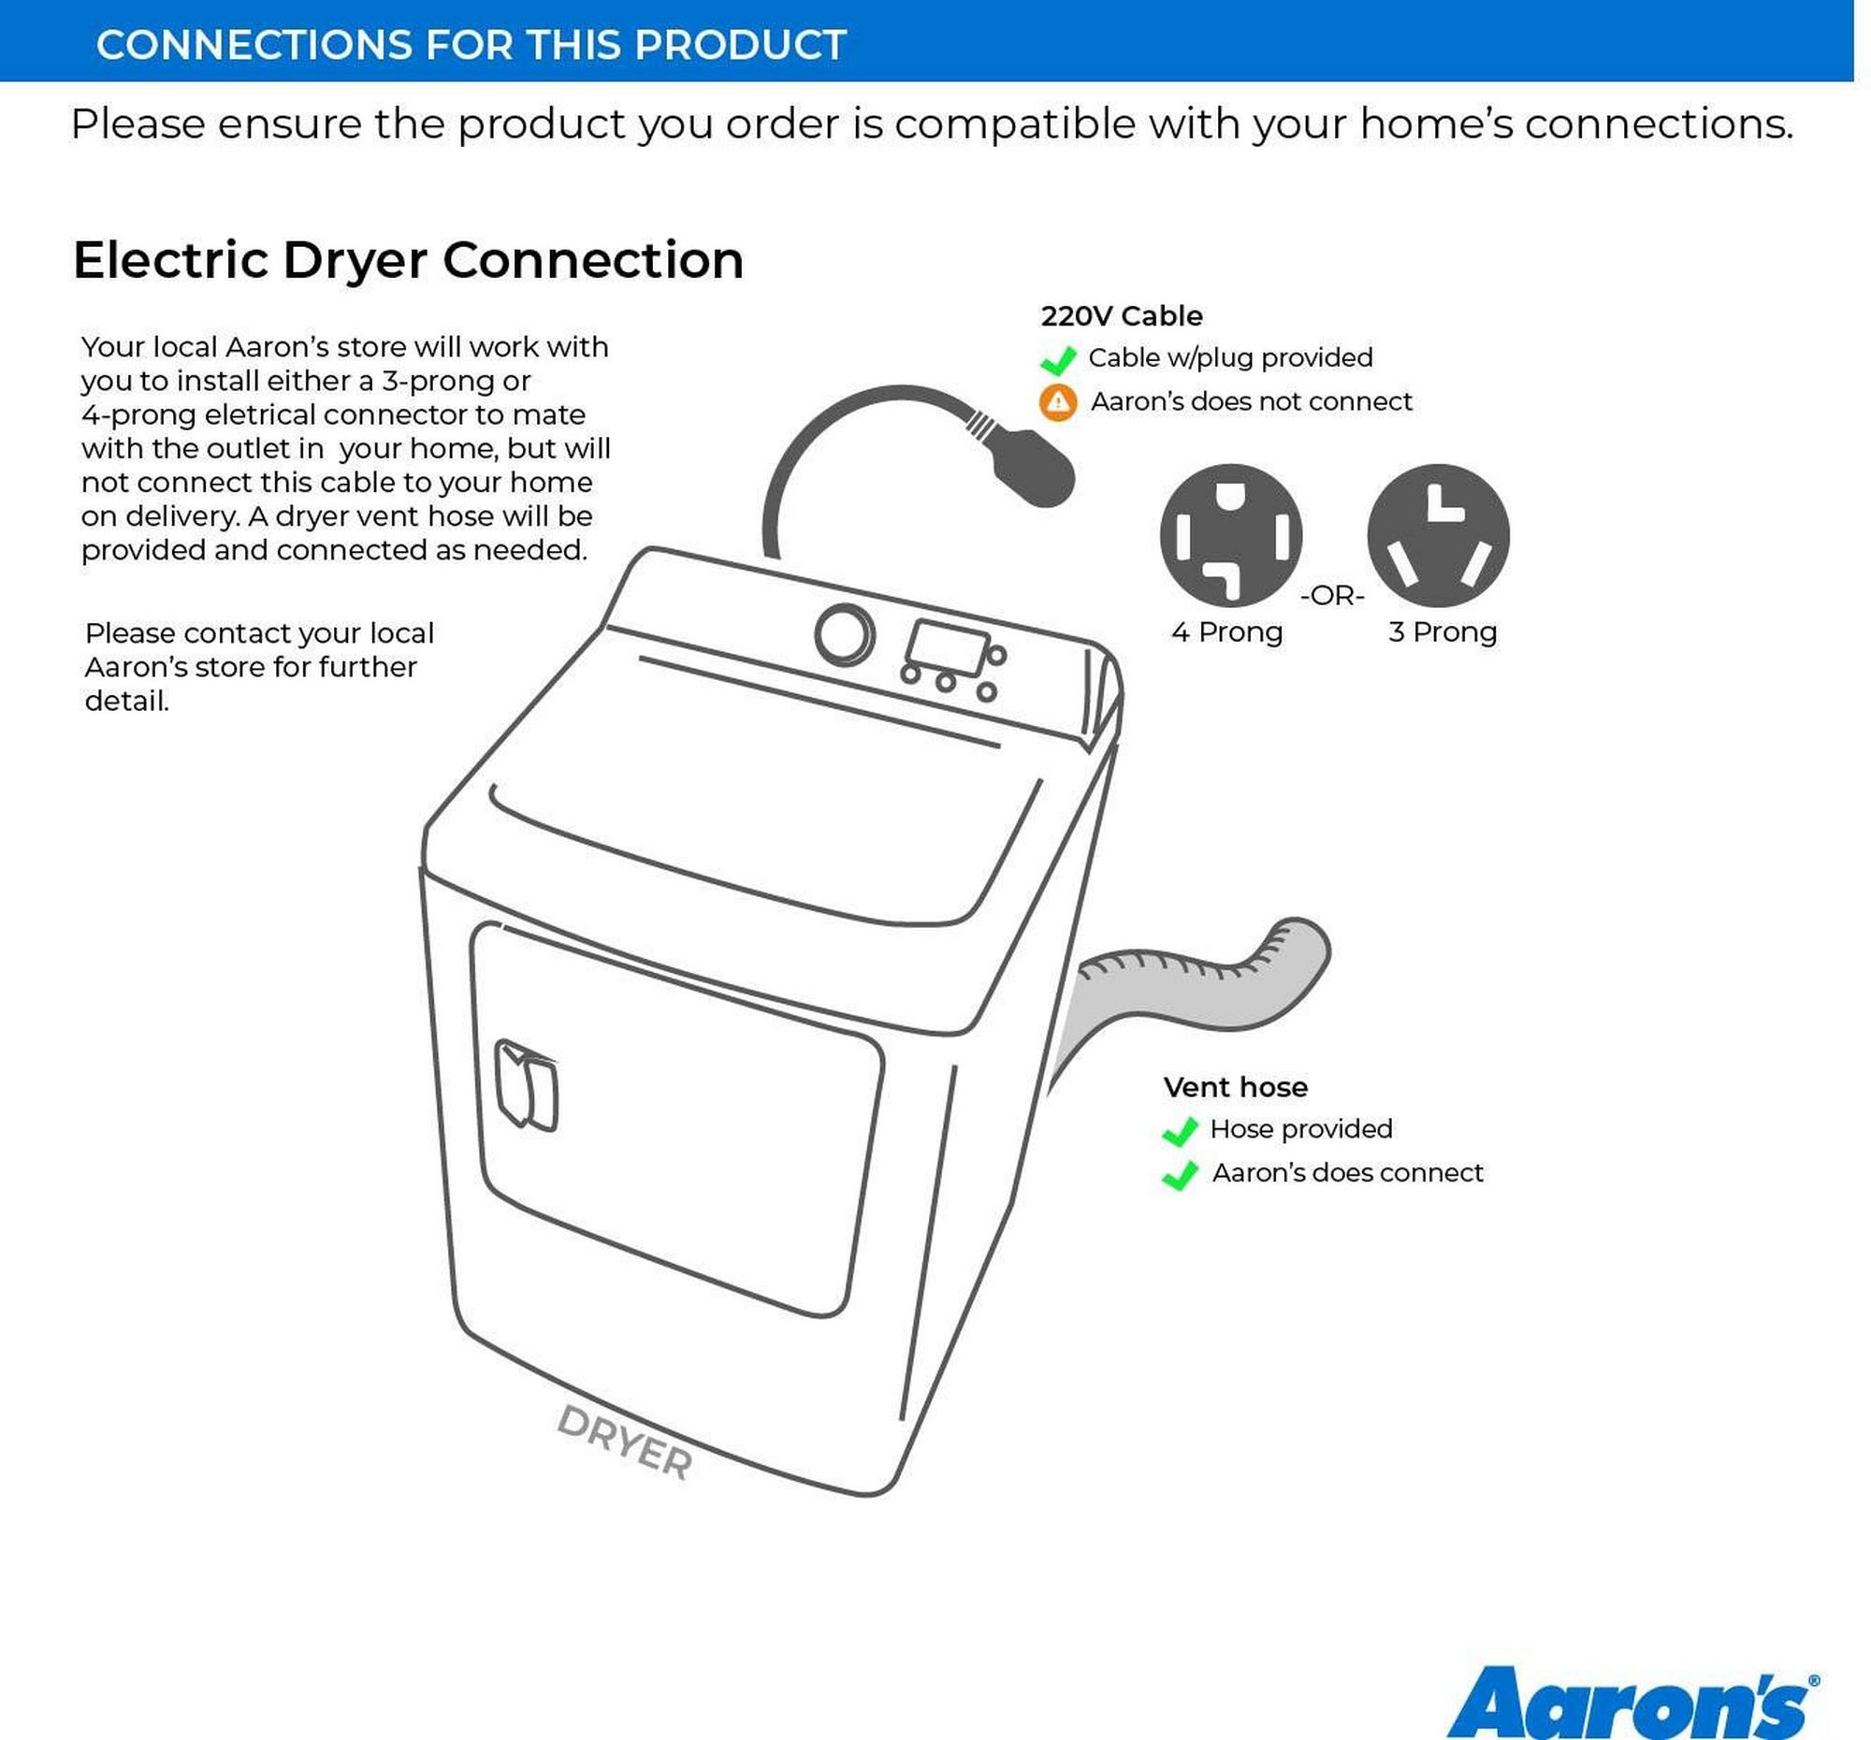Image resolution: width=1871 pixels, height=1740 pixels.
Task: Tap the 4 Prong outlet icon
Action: [x=1231, y=534]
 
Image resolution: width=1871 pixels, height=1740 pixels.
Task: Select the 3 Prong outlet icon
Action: [x=1438, y=534]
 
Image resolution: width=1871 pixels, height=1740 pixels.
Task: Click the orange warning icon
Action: [x=1058, y=402]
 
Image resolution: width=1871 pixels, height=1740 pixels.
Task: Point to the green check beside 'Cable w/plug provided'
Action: [x=1058, y=359]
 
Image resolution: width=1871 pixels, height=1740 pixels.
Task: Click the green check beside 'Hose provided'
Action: [x=1181, y=1131]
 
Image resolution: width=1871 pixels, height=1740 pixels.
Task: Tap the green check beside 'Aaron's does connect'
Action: [x=1181, y=1174]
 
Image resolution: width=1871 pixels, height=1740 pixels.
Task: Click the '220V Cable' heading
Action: [x=1121, y=315]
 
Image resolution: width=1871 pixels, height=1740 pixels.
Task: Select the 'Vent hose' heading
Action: [x=1235, y=1087]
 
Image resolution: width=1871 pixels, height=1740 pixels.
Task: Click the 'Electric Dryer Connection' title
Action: [x=409, y=260]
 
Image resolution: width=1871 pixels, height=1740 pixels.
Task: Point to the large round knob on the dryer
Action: [x=844, y=634]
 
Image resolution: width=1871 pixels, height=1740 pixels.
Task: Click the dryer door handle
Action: [x=525, y=1084]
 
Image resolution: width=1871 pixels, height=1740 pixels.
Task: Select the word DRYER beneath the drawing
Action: [x=625, y=1442]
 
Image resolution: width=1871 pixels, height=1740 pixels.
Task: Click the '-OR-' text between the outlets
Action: [x=1332, y=596]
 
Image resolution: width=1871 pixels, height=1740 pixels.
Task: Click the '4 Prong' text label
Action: [x=1226, y=631]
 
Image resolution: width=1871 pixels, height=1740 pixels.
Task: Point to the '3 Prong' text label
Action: [x=1442, y=631]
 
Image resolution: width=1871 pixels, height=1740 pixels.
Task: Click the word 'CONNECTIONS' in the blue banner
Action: [x=254, y=44]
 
